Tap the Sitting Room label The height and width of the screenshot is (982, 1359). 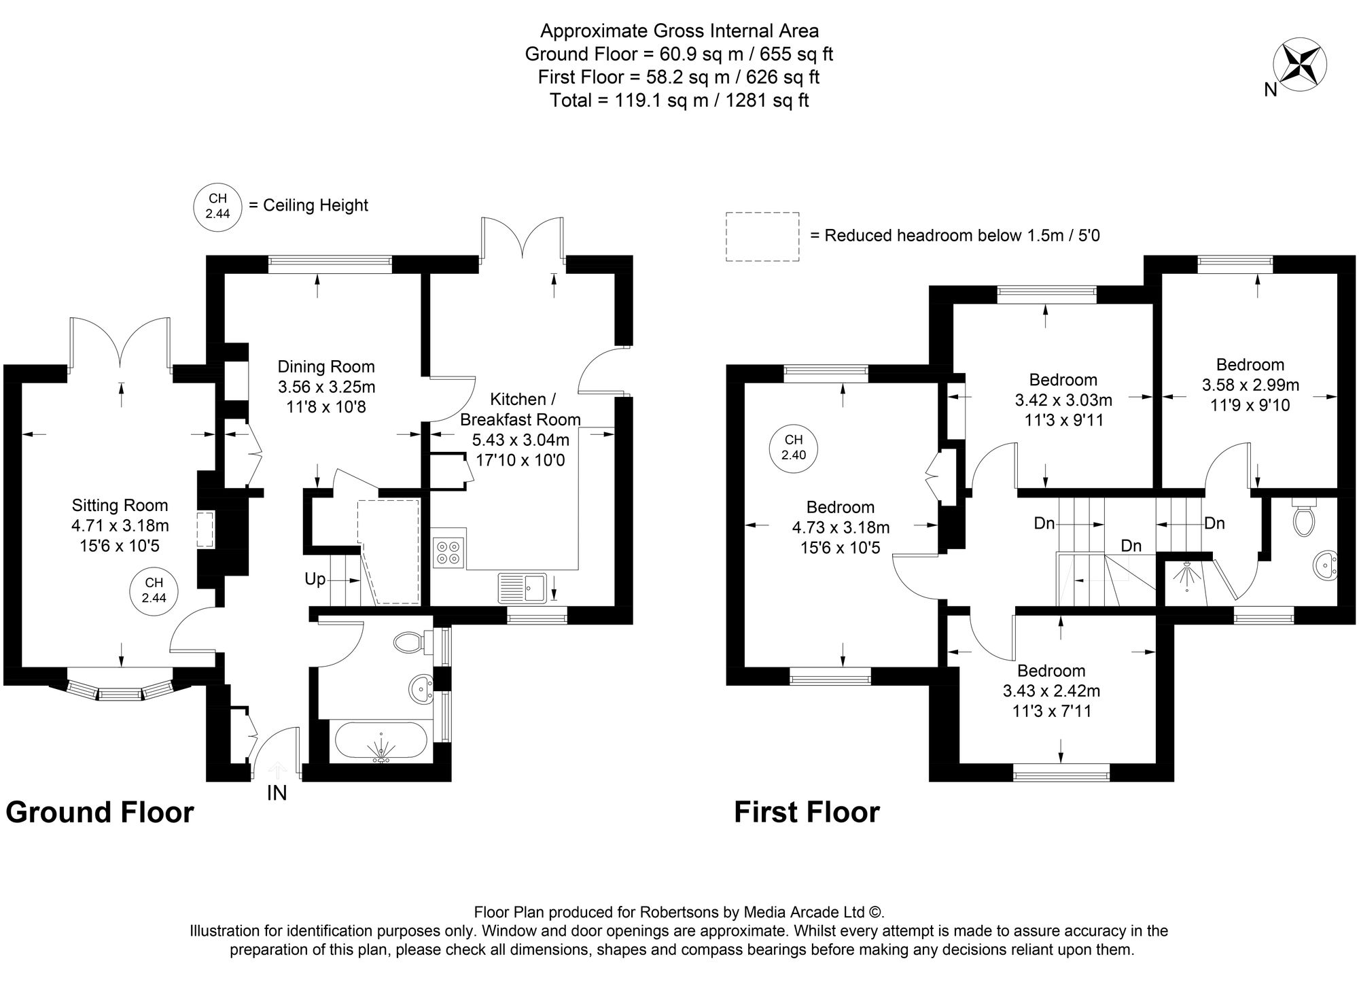(x=120, y=506)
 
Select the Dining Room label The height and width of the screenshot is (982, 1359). (x=326, y=367)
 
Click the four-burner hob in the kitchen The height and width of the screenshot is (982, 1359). (x=448, y=552)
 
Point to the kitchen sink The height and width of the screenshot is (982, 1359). (x=523, y=588)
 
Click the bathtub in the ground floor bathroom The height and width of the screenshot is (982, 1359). (x=381, y=742)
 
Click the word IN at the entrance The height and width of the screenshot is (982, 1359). (x=277, y=793)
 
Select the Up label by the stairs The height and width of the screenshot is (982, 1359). (x=315, y=580)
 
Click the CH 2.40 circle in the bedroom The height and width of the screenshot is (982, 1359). (x=793, y=448)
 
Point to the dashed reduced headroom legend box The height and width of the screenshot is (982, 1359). (x=762, y=236)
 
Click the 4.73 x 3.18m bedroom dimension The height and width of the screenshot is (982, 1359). (x=841, y=527)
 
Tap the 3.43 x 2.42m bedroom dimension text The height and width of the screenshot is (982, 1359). (x=1051, y=691)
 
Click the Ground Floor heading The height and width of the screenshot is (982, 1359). (x=100, y=812)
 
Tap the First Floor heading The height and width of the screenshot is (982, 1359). (x=807, y=812)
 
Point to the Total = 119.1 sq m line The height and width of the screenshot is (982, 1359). (x=679, y=101)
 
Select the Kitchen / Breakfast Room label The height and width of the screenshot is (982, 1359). (x=520, y=409)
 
